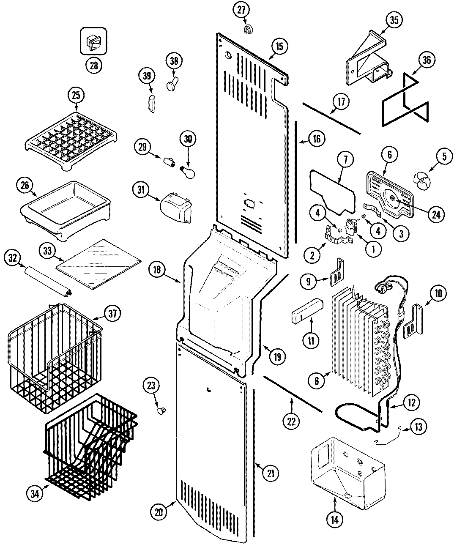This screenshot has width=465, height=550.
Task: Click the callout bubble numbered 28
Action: (x=93, y=65)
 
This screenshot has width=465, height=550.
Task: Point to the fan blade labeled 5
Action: (x=423, y=181)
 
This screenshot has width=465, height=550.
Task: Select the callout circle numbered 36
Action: (x=426, y=60)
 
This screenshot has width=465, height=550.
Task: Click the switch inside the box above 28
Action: (x=93, y=42)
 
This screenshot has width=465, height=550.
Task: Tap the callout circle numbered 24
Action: (x=436, y=214)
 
